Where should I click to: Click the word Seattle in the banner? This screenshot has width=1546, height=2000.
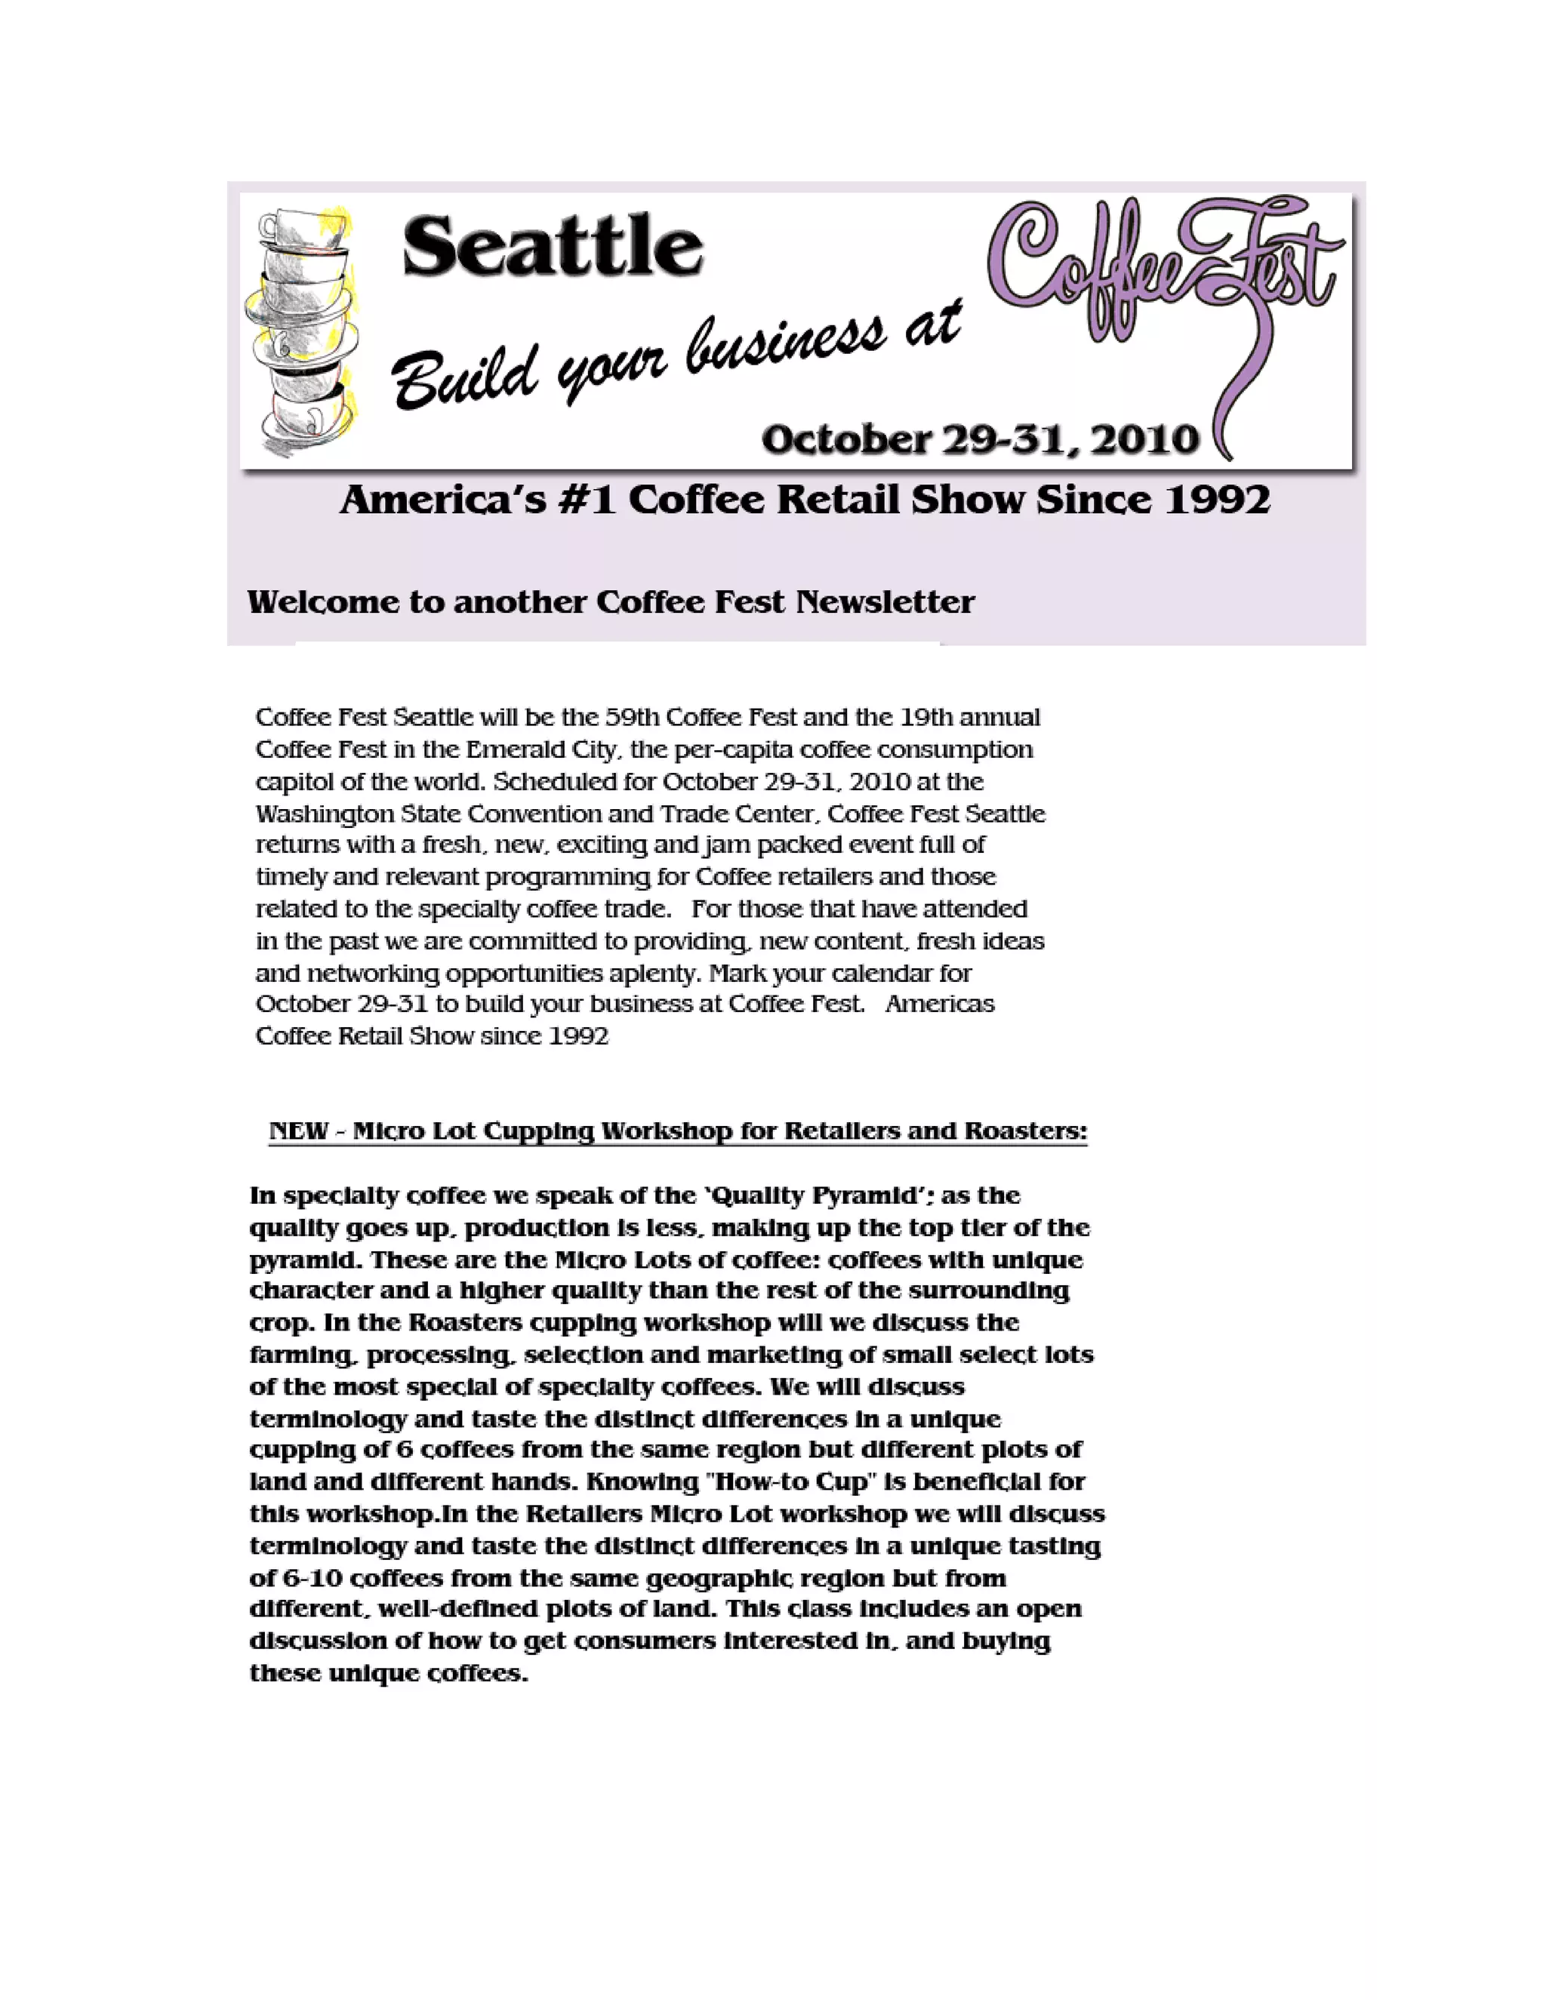click(553, 245)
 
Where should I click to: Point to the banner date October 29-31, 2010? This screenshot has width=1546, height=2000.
click(980, 439)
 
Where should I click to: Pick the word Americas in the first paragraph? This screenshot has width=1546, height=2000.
click(940, 1004)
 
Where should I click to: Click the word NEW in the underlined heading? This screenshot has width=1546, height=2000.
click(299, 1131)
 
